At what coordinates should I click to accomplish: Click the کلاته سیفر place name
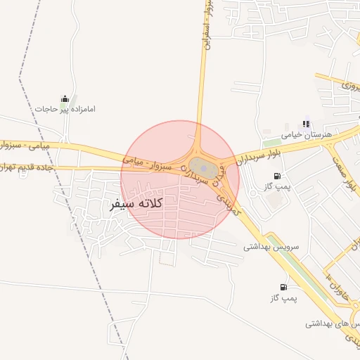(x=137, y=204)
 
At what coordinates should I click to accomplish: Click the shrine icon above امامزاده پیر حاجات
(x=65, y=98)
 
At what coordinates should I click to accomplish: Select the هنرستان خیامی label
(x=311, y=132)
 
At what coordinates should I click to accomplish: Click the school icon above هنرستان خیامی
(x=305, y=122)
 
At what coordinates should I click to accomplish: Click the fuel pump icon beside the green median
(x=283, y=287)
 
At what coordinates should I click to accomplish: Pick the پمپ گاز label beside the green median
(x=283, y=299)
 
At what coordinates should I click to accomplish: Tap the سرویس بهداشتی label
(x=271, y=247)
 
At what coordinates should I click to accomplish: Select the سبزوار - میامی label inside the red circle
(x=150, y=161)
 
